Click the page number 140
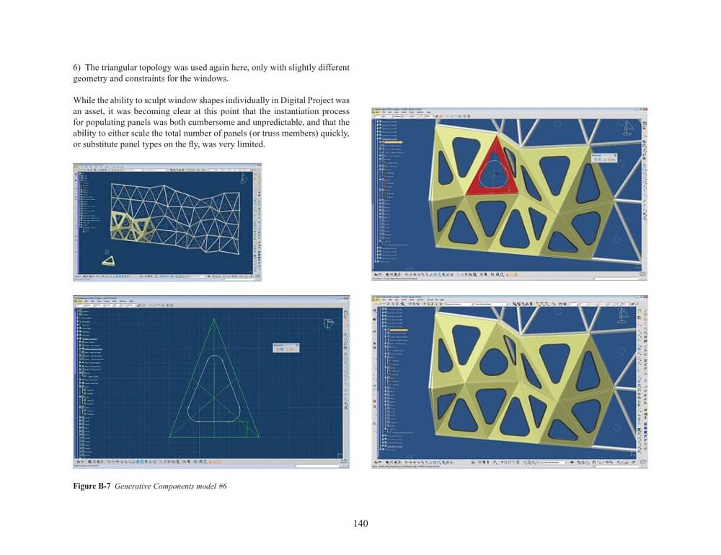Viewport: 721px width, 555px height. click(361, 523)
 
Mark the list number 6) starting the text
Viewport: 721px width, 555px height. click(78, 67)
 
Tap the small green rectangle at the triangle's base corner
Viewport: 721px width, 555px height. click(252, 429)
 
